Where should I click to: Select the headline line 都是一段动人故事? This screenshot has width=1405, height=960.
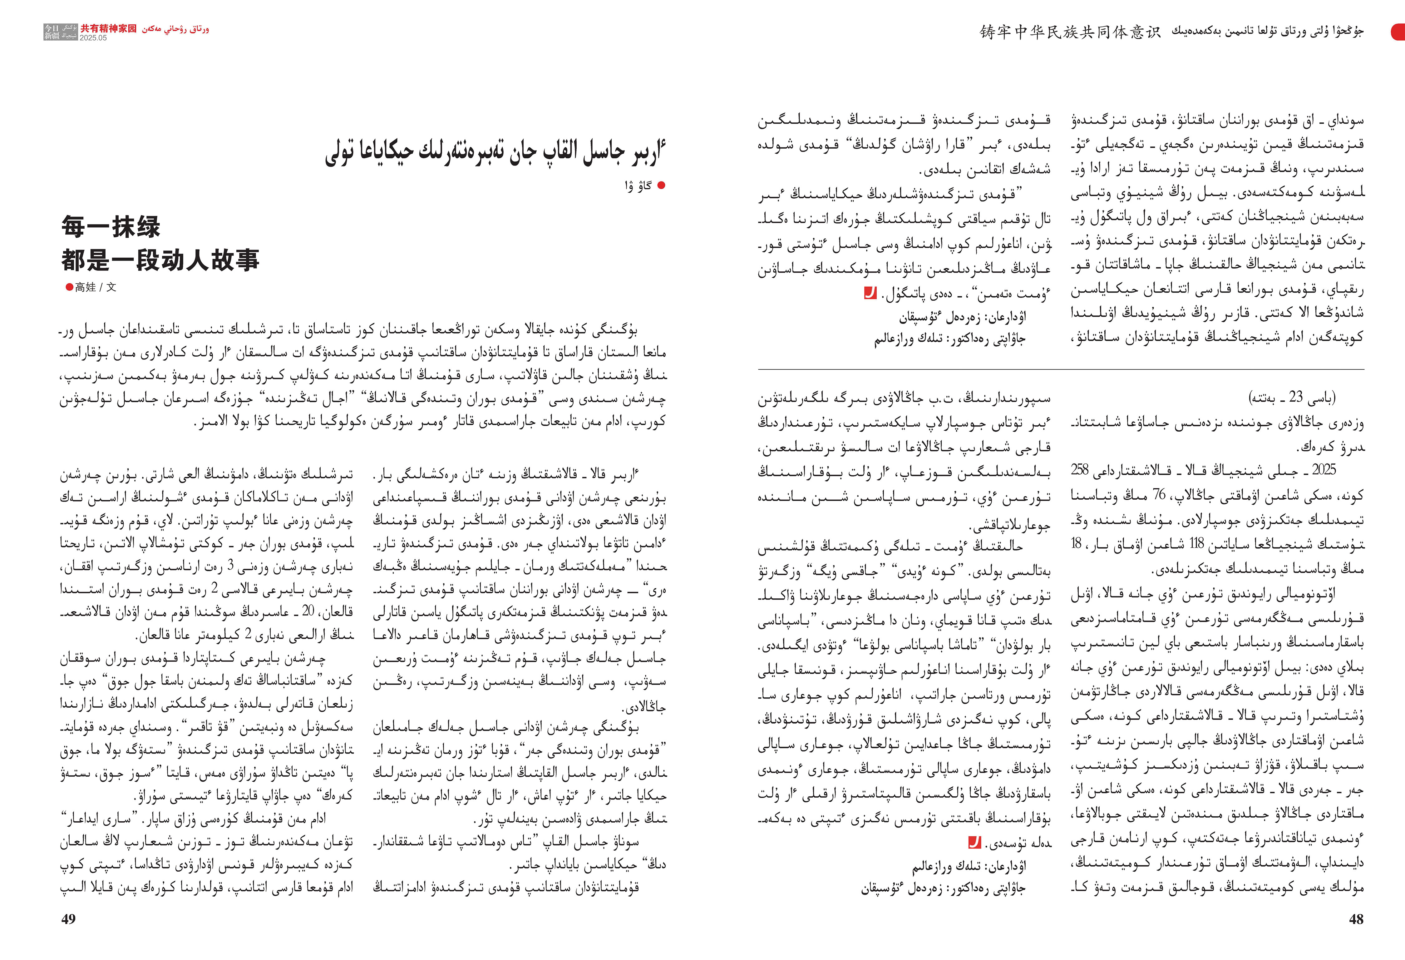tap(160, 260)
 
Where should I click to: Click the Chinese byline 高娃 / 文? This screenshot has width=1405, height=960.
tap(95, 287)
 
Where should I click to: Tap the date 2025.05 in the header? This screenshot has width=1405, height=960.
tap(93, 37)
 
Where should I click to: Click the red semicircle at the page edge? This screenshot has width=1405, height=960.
tap(1399, 32)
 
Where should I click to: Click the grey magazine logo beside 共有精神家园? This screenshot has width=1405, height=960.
tap(61, 32)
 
